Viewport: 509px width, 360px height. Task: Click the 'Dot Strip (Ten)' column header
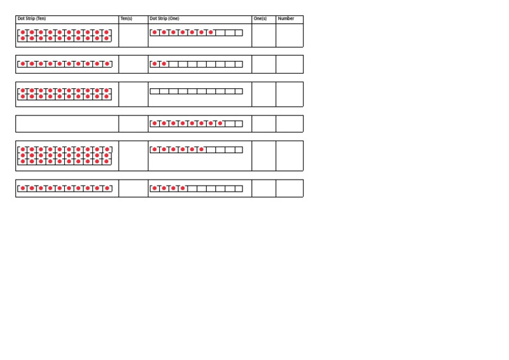(32, 19)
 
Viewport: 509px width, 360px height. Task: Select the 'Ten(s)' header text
(127, 19)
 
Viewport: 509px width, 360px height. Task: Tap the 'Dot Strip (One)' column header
(164, 19)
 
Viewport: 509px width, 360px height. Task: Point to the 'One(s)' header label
(260, 19)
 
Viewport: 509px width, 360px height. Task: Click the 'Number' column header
(286, 19)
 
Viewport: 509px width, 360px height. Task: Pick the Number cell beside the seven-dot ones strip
(290, 35)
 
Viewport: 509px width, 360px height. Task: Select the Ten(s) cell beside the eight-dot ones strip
(133, 124)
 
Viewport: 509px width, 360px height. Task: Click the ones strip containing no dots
(196, 91)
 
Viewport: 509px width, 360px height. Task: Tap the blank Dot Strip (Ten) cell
(67, 124)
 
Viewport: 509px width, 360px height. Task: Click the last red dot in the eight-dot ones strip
(221, 123)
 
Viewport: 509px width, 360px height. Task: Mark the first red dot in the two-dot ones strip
(154, 64)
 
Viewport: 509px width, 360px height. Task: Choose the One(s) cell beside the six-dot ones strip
(264, 156)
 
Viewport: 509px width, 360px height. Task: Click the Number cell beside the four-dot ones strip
(290, 188)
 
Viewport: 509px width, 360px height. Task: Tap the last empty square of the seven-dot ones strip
(239, 32)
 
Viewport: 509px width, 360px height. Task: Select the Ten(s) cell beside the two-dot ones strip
(133, 64)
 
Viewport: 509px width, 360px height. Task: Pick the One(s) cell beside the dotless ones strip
(264, 94)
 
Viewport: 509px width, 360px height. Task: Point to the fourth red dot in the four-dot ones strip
(183, 188)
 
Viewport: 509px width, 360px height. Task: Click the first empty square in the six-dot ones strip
(211, 150)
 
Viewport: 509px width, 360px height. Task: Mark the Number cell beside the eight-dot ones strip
(290, 124)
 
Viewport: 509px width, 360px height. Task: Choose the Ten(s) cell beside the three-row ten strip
(133, 156)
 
